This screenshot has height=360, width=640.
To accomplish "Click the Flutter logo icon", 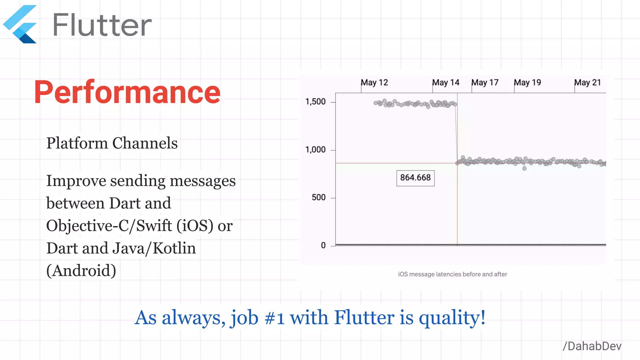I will click(21, 24).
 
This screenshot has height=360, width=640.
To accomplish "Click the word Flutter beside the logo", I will click(102, 25).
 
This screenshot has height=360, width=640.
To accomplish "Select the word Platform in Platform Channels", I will click(77, 143).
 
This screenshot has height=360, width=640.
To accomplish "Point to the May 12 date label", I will click(374, 82).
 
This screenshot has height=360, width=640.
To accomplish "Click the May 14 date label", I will click(446, 82).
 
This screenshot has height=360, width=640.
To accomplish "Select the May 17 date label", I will click(485, 82).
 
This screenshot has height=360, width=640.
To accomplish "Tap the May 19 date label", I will click(527, 82).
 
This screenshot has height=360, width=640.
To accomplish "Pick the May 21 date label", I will click(587, 82).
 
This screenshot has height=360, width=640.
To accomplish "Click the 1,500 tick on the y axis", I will click(315, 102).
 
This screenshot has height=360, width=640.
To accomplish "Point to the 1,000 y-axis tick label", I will click(315, 150).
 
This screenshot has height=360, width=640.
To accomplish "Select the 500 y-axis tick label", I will click(318, 197).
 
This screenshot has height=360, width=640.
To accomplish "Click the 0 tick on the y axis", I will click(323, 245).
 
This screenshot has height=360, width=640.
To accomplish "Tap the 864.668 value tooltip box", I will click(415, 178).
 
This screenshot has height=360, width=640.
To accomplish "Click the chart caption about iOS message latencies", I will click(452, 274).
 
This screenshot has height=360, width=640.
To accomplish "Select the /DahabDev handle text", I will click(592, 346).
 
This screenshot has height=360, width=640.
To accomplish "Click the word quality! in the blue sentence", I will click(452, 317).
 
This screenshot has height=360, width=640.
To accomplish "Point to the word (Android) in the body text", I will click(81, 270).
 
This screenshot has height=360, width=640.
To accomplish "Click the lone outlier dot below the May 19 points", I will click(524, 168).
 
